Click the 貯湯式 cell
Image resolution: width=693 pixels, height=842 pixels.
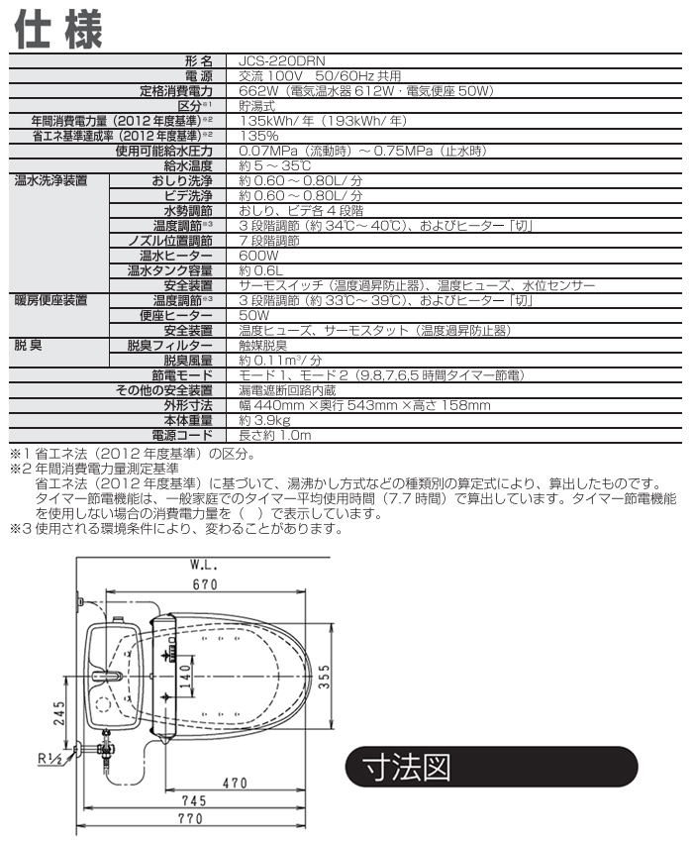coord(257,105)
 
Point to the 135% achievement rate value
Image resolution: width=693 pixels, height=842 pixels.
coord(258,135)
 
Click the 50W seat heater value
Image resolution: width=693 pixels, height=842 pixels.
coord(253,315)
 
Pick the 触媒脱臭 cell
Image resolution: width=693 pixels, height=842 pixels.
coord(262,345)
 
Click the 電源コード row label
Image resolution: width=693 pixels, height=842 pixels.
coord(182,435)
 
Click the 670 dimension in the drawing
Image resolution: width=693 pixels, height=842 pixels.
coord(204,584)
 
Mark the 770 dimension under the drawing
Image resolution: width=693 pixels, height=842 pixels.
coord(202,818)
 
